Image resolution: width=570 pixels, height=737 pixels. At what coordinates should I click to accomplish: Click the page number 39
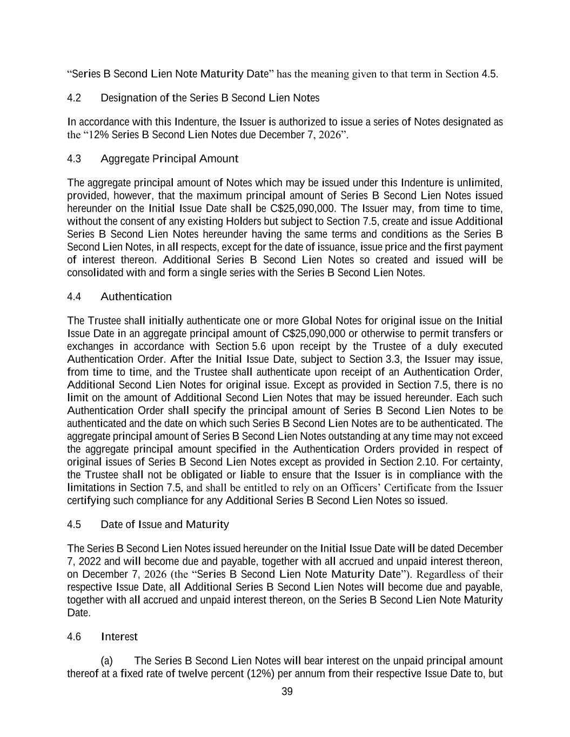click(x=287, y=692)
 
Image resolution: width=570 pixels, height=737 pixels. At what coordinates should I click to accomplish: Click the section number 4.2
click(x=74, y=98)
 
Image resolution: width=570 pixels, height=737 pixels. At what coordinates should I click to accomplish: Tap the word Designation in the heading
click(x=128, y=98)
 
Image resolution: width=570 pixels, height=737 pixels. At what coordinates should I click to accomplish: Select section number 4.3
click(x=74, y=159)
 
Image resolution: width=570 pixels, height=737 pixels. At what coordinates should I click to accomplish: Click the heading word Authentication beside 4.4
click(x=136, y=296)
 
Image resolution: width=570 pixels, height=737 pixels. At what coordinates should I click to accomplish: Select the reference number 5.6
click(x=259, y=346)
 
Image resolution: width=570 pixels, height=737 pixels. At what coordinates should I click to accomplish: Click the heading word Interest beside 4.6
click(x=119, y=637)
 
